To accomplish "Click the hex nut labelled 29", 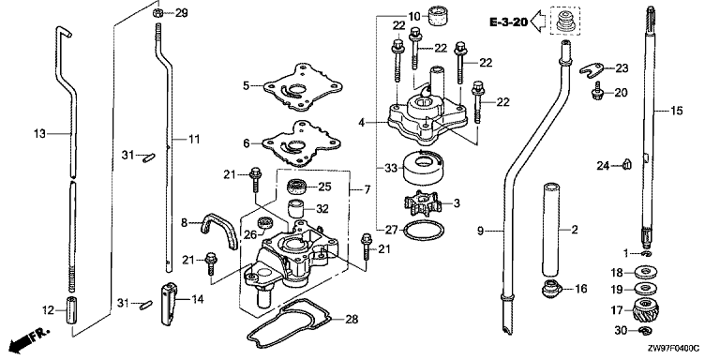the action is (157, 13).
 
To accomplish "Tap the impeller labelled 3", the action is (421, 204).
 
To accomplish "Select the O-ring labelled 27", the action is (424, 230).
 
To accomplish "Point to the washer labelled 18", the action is (647, 271).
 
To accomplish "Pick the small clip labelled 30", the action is (645, 330).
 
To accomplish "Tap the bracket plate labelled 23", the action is (592, 69).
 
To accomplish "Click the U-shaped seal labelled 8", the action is (218, 227).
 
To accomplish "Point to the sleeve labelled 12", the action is (73, 311).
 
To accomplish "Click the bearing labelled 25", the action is (295, 187).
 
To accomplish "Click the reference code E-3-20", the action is (508, 22).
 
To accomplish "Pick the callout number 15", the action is (676, 111).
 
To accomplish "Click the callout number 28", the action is (352, 319).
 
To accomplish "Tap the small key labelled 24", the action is (626, 164).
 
